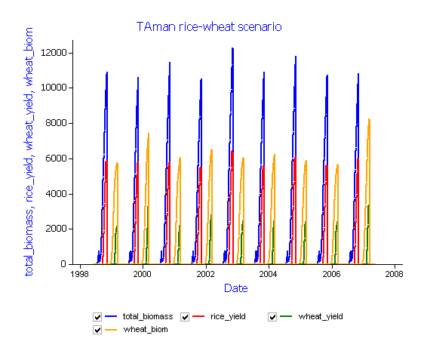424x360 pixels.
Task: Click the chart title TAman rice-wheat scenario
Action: point(209,26)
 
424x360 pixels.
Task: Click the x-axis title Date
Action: point(236,288)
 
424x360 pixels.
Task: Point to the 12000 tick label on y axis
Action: point(54,53)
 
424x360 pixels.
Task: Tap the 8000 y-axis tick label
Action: point(56,123)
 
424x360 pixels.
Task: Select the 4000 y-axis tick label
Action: point(56,194)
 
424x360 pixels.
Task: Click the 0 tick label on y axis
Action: point(63,264)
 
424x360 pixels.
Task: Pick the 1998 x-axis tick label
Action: point(79,274)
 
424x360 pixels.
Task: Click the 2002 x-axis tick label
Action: point(206,274)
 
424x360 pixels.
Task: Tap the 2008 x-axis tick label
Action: point(395,274)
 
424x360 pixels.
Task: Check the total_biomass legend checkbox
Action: point(97,317)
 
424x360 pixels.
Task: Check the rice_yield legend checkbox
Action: point(185,317)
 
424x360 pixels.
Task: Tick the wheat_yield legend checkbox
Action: point(272,317)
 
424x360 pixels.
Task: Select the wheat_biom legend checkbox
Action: point(97,330)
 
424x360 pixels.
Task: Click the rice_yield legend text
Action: point(228,316)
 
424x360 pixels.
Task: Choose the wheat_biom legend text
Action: point(146,330)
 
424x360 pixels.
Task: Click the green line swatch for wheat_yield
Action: point(286,316)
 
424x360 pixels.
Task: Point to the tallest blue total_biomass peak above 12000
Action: point(232,48)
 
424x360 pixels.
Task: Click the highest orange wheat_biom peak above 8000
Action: point(369,119)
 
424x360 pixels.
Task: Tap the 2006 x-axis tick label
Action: point(331,274)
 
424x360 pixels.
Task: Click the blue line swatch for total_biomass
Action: point(111,316)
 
